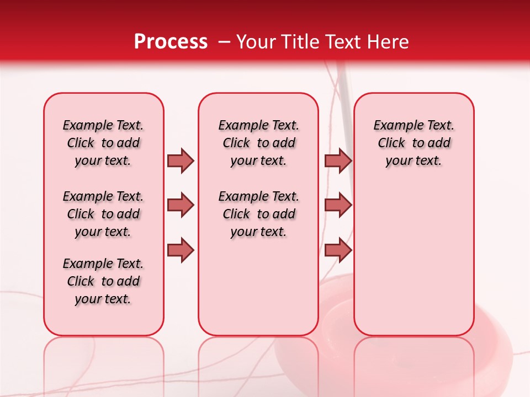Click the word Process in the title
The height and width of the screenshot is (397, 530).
coord(171,42)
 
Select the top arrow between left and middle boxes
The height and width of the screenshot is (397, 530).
coord(181,161)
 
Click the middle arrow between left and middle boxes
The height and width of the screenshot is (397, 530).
coord(181,205)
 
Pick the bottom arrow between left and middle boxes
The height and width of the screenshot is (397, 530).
coord(181,250)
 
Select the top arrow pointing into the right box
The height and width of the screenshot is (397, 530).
coord(338,161)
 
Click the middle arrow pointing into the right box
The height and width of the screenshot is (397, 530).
coord(338,205)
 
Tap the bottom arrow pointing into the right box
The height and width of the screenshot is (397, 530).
coord(338,250)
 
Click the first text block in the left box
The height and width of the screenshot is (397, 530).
coord(103,143)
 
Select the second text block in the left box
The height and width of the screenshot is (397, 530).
coord(103,214)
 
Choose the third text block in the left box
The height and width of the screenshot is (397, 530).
coord(103,281)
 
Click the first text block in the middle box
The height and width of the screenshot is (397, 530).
coord(258,143)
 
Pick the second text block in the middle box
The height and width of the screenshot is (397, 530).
coord(258,214)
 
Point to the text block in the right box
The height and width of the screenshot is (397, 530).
coord(414,143)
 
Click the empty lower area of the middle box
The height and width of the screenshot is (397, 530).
coord(258,287)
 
